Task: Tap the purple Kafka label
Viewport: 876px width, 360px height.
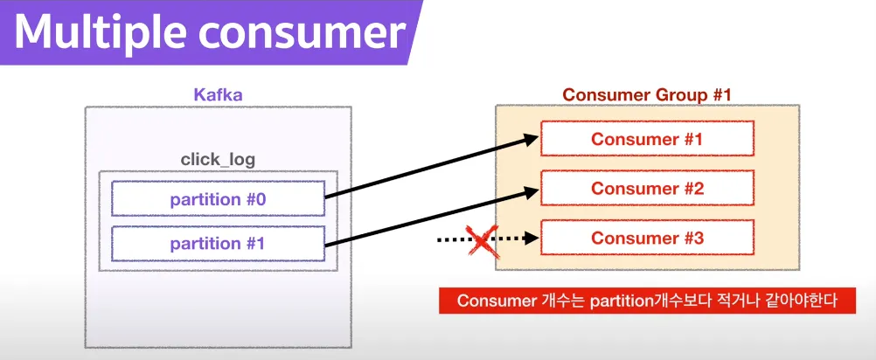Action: pos(218,93)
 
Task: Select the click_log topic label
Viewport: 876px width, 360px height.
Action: pos(218,160)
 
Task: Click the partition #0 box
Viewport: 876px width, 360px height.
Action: pos(218,198)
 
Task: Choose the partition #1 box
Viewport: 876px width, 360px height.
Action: pos(218,243)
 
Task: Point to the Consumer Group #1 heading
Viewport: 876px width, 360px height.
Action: pos(646,94)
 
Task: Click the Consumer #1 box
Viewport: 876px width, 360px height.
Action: pos(646,139)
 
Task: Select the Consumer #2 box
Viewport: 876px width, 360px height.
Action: pos(646,188)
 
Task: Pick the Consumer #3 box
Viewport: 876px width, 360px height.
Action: pos(646,238)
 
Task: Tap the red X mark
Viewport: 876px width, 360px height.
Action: pos(481,239)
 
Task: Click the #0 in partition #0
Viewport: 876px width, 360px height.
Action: pos(254,198)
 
